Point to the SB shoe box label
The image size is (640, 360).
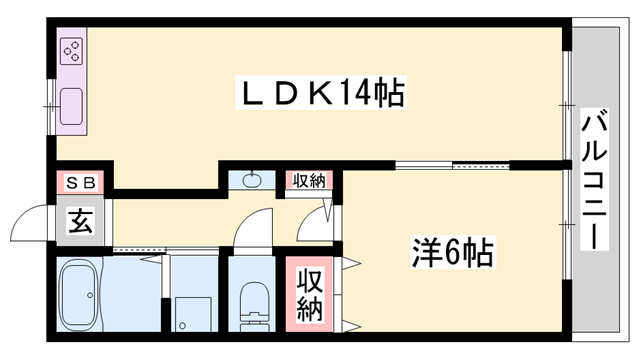click(x=83, y=182)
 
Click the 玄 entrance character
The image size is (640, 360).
click(x=79, y=221)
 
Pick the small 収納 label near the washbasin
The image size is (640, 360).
click(x=309, y=181)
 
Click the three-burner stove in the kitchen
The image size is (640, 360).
click(x=72, y=51)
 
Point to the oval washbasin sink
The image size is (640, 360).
click(x=250, y=181)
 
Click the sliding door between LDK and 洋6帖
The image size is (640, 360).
click(x=452, y=163)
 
